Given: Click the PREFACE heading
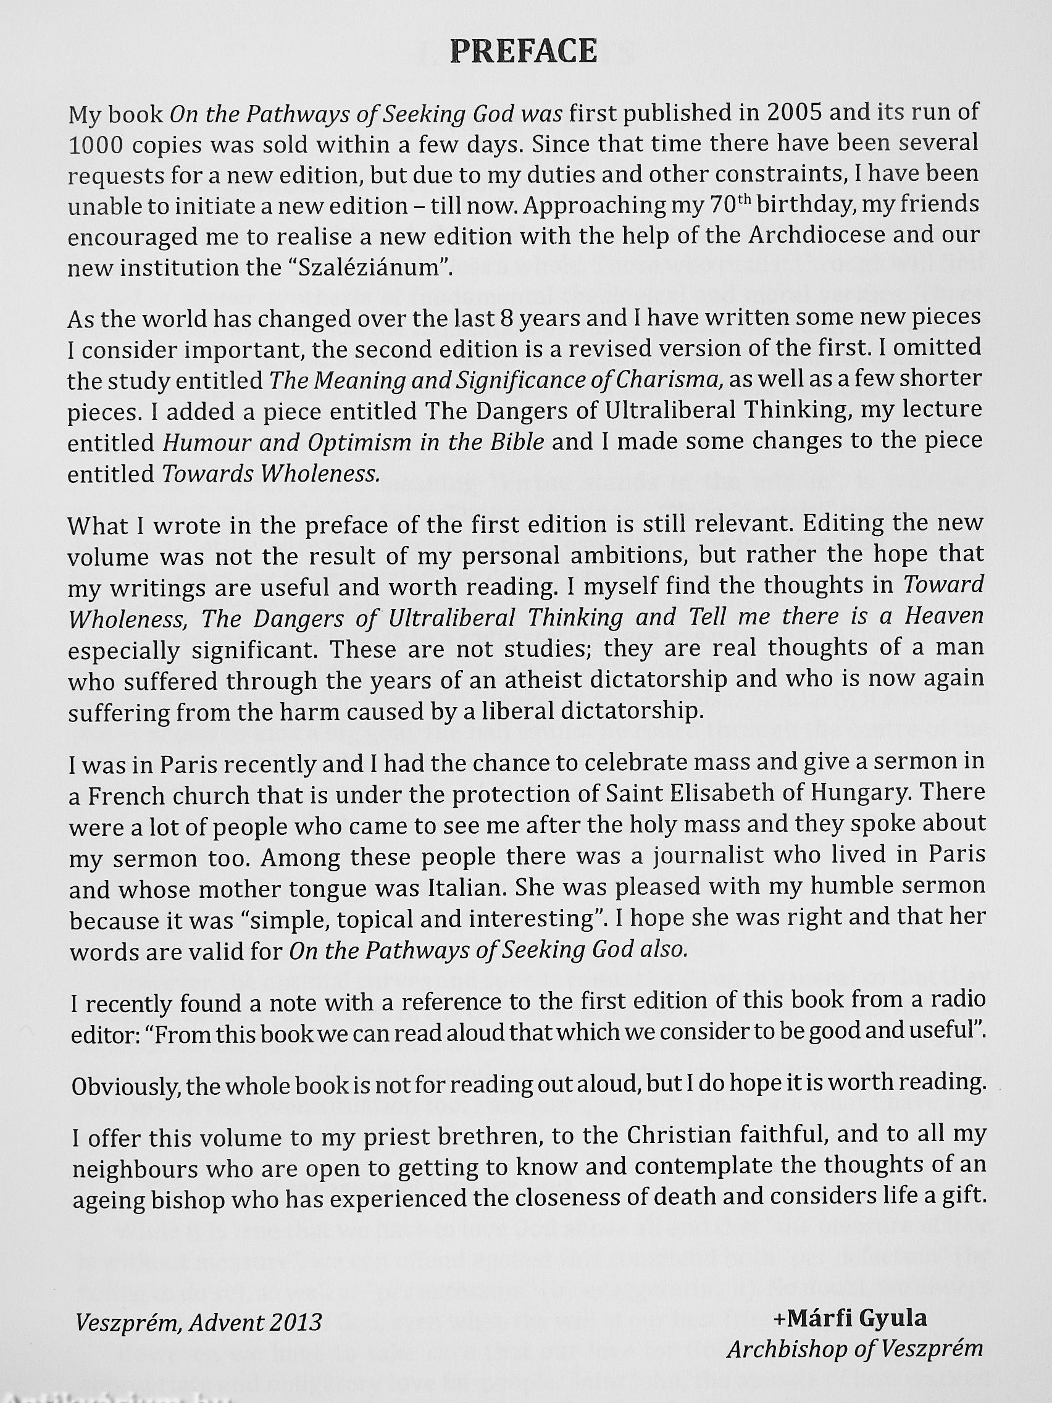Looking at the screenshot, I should tap(524, 52).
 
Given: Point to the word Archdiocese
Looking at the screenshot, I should tap(817, 235).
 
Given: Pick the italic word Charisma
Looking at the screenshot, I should tap(674, 380).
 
